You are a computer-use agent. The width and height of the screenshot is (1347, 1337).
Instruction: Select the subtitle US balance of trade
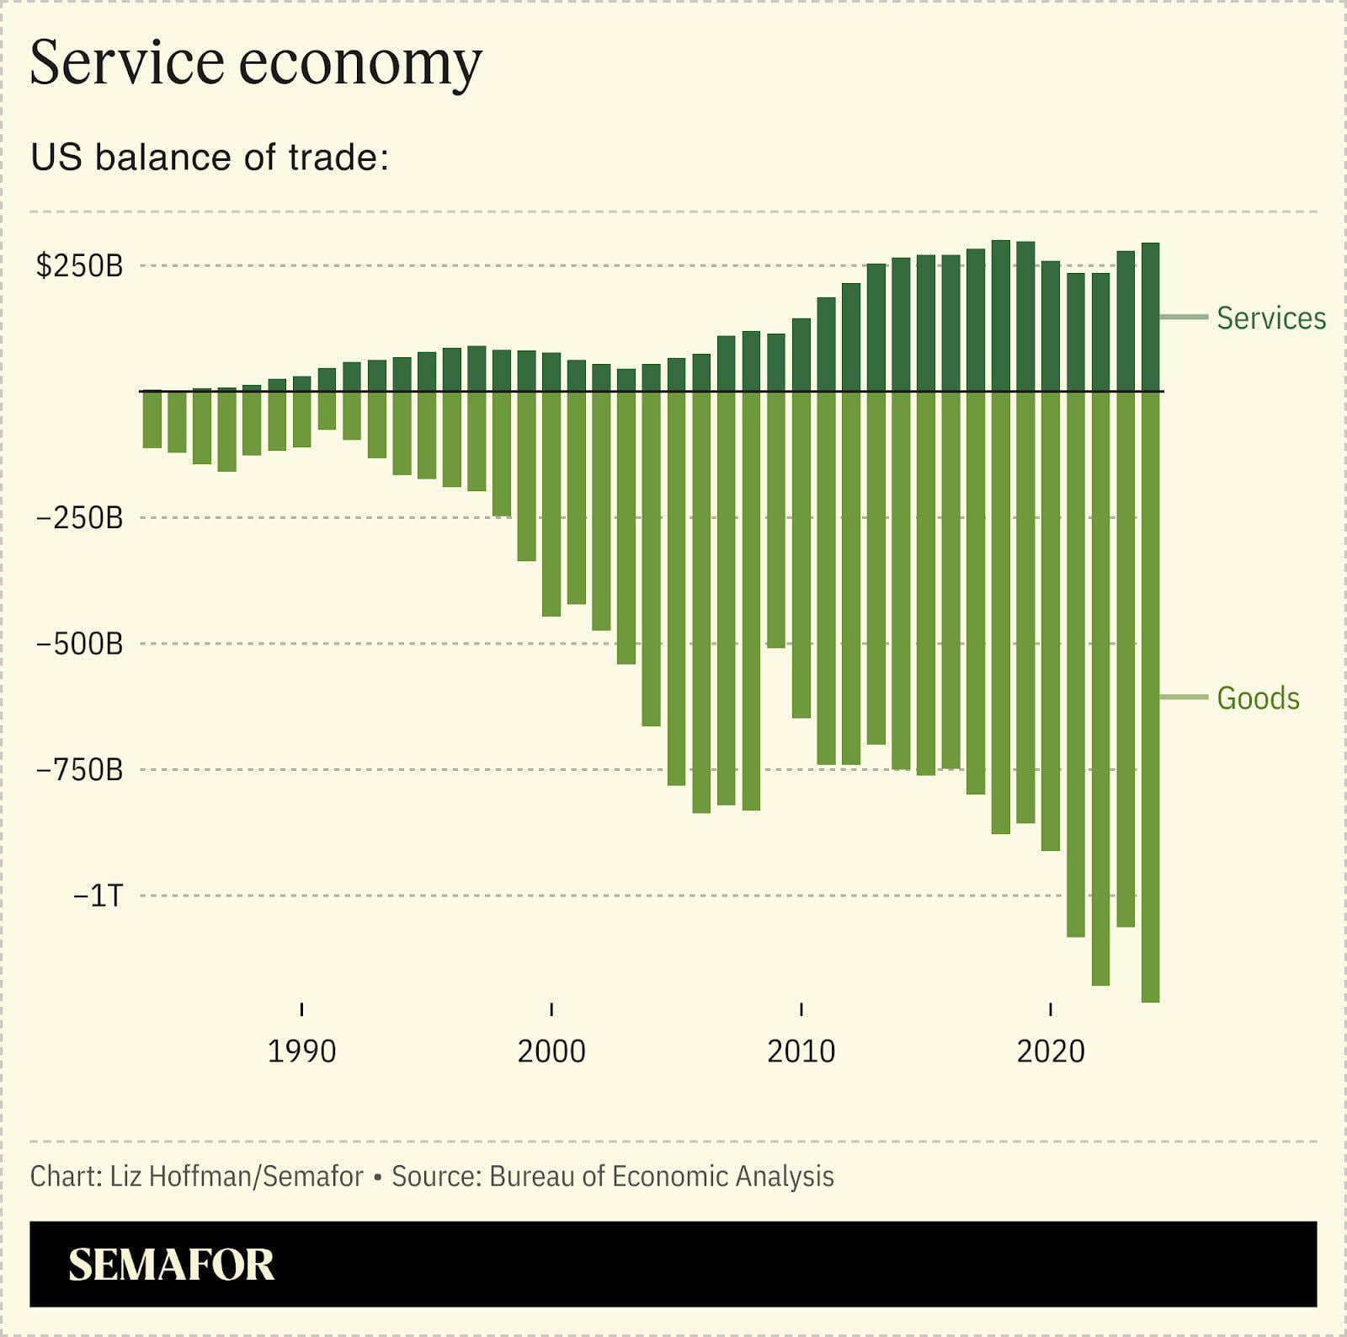[x=209, y=158]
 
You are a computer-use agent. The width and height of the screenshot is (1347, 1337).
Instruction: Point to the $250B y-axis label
[x=79, y=266]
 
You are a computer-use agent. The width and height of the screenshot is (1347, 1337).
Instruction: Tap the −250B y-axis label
[x=79, y=518]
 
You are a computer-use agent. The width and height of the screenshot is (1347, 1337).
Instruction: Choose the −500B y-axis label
[x=79, y=644]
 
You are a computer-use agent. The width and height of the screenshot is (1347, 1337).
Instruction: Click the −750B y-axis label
[x=79, y=770]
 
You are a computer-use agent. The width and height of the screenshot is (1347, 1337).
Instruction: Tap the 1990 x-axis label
[x=301, y=1051]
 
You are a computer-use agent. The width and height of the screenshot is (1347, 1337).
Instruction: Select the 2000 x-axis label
[x=551, y=1051]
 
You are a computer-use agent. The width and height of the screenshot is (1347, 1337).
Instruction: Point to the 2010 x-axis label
[x=801, y=1051]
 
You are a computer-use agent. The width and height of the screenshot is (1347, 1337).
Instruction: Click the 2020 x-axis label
[x=1051, y=1051]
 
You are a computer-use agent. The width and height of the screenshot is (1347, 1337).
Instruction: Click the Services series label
[x=1270, y=318]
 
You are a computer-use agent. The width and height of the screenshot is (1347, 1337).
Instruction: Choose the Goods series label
[x=1258, y=698]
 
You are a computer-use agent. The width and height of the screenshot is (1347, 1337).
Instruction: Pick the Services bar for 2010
[x=801, y=355]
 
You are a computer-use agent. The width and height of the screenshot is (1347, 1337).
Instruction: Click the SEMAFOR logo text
[x=172, y=1265]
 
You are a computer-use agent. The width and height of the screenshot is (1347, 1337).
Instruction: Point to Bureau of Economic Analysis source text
[x=661, y=1176]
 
